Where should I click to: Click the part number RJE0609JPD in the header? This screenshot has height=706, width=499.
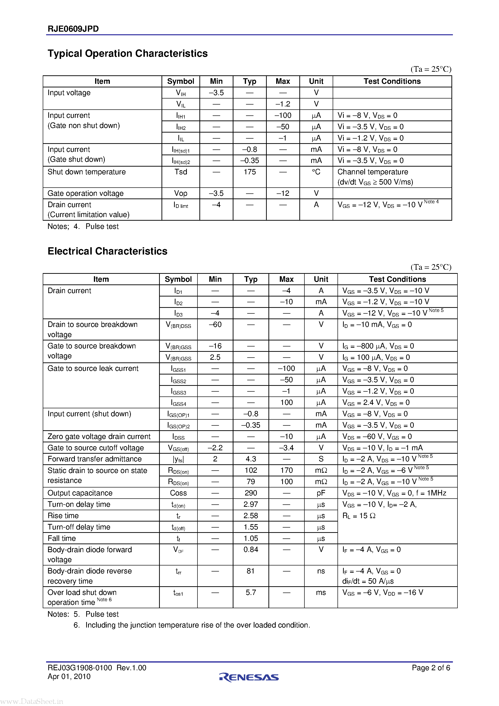pos(73,29)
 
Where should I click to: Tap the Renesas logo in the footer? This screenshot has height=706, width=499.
pos(249,677)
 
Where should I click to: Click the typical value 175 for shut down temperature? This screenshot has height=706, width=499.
pos(249,172)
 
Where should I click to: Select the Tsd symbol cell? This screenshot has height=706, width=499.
pos(181,172)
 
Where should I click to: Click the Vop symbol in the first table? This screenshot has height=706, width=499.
pos(181,193)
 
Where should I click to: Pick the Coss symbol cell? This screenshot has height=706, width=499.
pos(178,493)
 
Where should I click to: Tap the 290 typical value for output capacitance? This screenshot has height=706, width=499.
pos(251,493)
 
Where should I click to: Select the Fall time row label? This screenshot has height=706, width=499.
pos(62,538)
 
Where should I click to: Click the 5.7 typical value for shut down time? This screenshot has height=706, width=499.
pos(251,592)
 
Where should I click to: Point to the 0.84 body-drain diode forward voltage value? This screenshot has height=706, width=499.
pos(251,550)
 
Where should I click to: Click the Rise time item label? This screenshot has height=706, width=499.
pos(63,516)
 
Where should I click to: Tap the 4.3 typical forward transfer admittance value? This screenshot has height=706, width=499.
pos(251,459)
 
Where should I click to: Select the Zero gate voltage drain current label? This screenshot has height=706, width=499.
pos(99,436)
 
